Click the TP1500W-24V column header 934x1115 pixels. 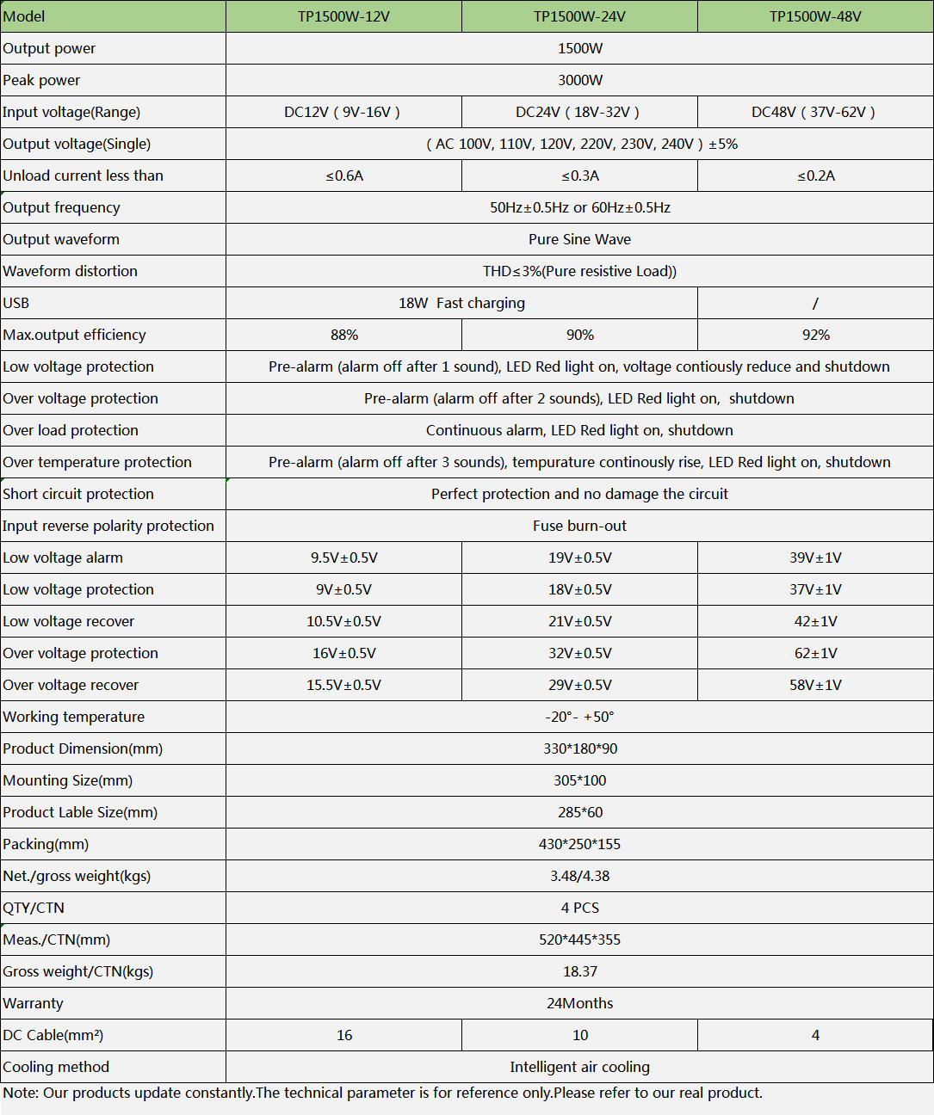point(579,16)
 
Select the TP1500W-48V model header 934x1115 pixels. point(815,16)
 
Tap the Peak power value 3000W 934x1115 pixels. point(579,80)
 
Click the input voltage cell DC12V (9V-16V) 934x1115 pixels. point(343,112)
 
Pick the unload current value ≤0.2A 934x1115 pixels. point(815,176)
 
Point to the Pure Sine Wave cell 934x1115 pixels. point(579,239)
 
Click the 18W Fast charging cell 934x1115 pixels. point(461,303)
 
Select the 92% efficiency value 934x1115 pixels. point(815,335)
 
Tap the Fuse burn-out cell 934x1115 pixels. point(579,526)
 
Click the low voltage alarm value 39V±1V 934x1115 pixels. point(815,557)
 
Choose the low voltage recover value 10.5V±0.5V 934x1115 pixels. point(343,621)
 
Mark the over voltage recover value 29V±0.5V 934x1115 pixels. point(579,685)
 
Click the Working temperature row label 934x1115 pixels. point(74,717)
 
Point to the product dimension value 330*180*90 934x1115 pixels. point(579,748)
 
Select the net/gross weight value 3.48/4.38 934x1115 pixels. point(579,876)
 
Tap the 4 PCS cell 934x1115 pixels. point(579,908)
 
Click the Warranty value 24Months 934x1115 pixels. point(579,1003)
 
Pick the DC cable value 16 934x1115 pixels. point(344,1035)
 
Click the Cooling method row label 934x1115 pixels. point(56,1067)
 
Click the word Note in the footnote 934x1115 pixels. point(19,1093)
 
